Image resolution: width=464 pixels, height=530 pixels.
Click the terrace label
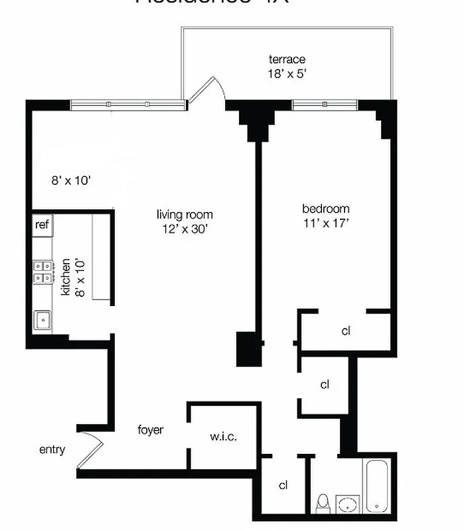point(287,60)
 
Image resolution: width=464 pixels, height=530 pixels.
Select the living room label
point(185,214)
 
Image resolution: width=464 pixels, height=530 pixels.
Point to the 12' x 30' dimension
point(185,228)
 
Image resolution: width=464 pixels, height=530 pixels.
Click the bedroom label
point(325,209)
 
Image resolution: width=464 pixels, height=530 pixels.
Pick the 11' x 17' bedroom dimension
point(325,223)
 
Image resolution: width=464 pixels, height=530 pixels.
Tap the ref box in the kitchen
point(42,225)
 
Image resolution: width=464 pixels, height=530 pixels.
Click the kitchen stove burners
point(42,271)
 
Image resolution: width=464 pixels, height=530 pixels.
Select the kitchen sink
point(42,320)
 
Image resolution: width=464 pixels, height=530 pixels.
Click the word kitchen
point(66,278)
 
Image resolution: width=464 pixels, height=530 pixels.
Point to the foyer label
point(150,430)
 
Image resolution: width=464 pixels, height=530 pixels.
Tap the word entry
point(52,450)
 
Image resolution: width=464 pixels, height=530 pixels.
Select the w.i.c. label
point(223,437)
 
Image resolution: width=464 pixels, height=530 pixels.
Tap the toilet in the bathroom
point(322,503)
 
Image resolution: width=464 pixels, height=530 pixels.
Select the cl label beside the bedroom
point(345,331)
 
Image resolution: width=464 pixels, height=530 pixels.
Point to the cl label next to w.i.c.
point(283,485)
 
